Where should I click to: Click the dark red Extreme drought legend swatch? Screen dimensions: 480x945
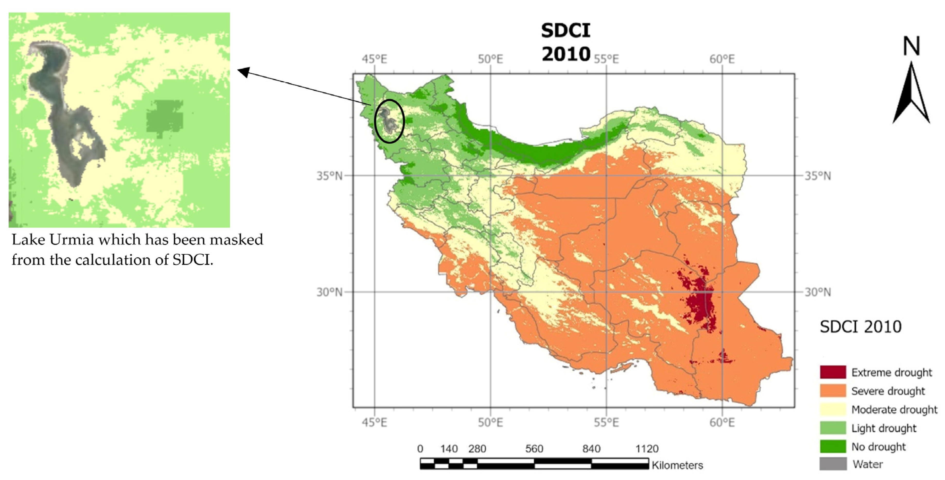click(x=833, y=372)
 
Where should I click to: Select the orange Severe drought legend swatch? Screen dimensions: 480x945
click(x=833, y=390)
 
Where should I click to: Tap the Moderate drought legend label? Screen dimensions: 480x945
click(x=894, y=409)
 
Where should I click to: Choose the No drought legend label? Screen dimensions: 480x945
click(x=878, y=447)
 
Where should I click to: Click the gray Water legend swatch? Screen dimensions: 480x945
click(x=833, y=464)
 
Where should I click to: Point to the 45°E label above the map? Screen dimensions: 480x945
click(x=374, y=59)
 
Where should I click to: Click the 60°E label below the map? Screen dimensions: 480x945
click(x=722, y=422)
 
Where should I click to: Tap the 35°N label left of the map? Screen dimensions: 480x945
click(x=329, y=176)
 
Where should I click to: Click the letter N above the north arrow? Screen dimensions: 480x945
click(x=911, y=46)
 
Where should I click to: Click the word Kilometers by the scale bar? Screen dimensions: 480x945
click(x=677, y=465)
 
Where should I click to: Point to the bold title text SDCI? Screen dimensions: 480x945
click(x=565, y=30)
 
